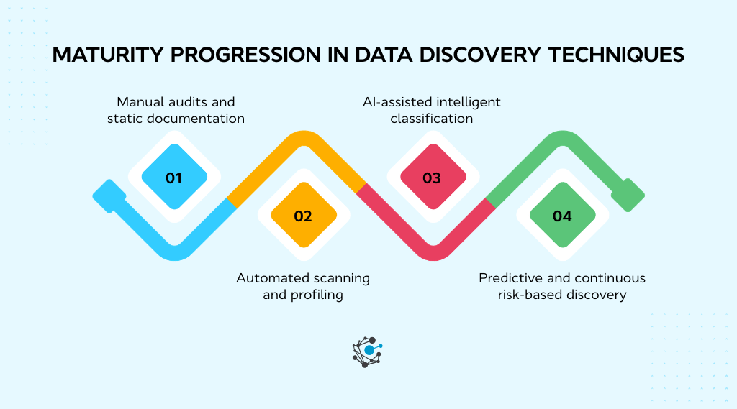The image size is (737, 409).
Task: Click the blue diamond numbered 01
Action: (x=173, y=177)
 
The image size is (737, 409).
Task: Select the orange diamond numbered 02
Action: (x=303, y=216)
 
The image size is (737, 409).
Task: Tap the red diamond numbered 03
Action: (x=432, y=177)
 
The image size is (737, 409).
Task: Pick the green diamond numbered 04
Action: (x=561, y=216)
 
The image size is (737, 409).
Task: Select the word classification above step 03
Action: (x=432, y=118)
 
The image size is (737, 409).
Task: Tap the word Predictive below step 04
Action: (x=510, y=277)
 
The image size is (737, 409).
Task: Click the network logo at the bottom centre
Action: (x=367, y=351)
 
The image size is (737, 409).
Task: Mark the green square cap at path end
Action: (x=627, y=195)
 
